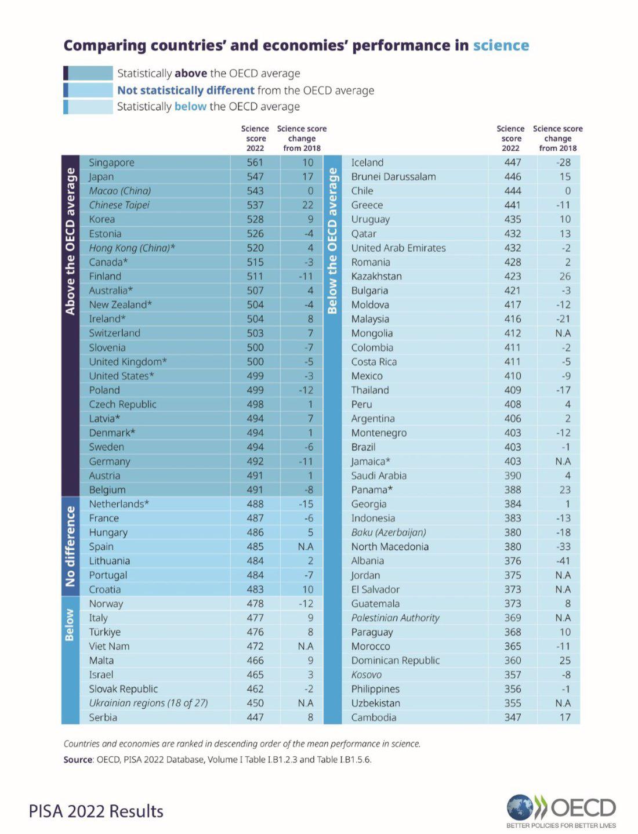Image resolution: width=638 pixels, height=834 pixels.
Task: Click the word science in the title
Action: coord(501,46)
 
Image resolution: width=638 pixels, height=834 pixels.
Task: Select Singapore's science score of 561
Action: coord(255,163)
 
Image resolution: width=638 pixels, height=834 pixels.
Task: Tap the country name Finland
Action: coord(105,277)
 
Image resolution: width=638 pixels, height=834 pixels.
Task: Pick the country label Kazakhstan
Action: coord(376,277)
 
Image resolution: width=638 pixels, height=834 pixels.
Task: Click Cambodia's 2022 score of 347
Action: coord(512,717)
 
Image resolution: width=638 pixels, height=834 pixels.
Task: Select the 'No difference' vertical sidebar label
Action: coord(70,546)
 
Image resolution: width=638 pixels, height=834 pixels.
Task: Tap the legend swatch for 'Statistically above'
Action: coord(88,73)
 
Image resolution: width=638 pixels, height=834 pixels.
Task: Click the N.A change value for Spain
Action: coord(305,547)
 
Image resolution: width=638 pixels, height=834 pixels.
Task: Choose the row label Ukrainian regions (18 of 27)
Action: coord(148,703)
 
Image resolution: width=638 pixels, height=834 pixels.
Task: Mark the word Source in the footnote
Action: coord(78,759)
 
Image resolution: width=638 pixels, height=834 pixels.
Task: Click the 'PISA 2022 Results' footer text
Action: coord(96,811)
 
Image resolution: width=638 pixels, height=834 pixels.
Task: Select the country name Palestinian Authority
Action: coord(395,618)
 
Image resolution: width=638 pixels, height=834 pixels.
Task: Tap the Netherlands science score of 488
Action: coord(255,504)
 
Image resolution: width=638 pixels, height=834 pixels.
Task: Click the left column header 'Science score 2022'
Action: coord(255,138)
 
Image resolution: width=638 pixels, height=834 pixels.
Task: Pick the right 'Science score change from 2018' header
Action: coord(557,138)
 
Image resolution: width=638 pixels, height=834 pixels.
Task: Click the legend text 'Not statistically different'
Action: coord(186,90)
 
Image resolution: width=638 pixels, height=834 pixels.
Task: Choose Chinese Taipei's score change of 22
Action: coord(307,205)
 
